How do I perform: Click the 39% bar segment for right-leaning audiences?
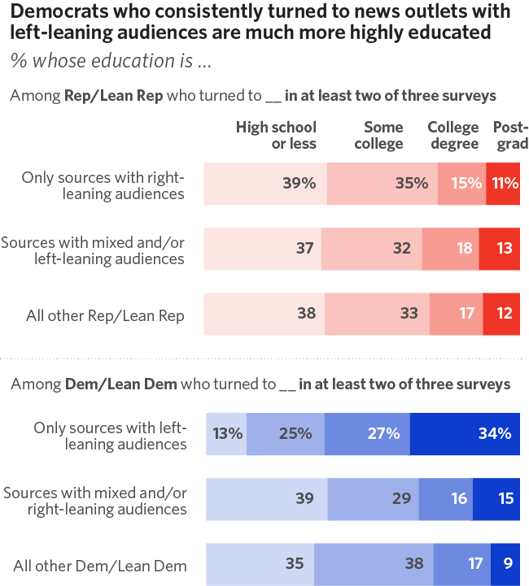264,184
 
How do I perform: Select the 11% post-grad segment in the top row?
504,184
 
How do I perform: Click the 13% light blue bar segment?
226,434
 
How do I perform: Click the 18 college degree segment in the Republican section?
450,249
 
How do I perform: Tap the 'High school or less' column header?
276,136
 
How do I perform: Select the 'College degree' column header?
453,136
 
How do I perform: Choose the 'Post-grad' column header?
510,136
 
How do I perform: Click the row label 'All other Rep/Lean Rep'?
105,315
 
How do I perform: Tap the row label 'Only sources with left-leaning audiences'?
110,436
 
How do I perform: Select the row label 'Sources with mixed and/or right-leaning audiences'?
95,501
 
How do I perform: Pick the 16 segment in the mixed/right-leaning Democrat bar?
446,499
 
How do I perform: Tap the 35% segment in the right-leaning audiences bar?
382,184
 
